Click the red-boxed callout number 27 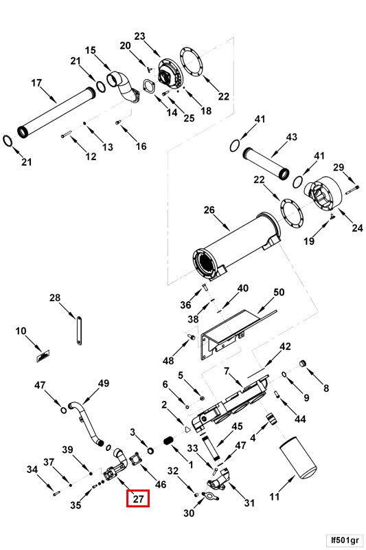point(138,498)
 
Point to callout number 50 point(279,292)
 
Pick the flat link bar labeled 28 point(79,331)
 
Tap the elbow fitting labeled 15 point(124,87)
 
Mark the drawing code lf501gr point(345,540)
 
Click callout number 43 point(291,137)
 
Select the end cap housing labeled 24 point(323,197)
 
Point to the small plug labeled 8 point(303,363)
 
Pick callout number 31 point(249,503)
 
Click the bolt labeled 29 point(352,190)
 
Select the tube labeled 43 point(266,163)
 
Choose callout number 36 point(185,305)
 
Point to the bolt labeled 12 point(66,134)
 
